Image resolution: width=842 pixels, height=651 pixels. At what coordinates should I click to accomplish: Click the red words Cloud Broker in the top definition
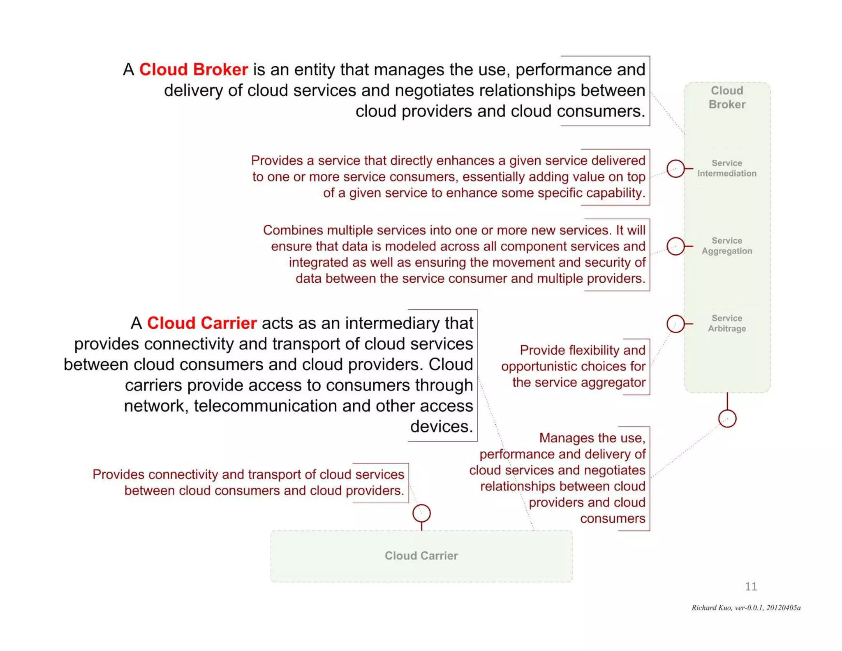point(193,70)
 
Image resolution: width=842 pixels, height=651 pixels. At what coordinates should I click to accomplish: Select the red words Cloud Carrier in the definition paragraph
point(201,323)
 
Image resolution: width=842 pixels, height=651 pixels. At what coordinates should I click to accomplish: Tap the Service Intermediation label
point(726,168)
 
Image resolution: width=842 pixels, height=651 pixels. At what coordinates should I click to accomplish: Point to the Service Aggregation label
point(726,246)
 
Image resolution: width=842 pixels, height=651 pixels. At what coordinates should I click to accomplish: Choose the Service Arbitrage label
point(726,323)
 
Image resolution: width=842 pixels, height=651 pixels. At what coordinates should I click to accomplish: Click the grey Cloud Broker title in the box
point(727,98)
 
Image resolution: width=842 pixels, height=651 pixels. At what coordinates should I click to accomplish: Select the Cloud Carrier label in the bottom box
point(421,556)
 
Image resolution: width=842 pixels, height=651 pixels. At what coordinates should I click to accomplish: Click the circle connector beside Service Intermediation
point(675,169)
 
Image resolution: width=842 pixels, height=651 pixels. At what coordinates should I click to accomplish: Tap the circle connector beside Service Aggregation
point(675,246)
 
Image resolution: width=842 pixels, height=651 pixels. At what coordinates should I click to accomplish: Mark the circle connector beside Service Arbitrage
point(675,324)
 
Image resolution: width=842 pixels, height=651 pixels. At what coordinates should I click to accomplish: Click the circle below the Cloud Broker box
point(727,419)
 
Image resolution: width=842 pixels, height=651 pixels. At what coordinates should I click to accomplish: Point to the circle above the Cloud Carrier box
point(421,513)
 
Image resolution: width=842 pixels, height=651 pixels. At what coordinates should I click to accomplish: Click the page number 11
point(751,586)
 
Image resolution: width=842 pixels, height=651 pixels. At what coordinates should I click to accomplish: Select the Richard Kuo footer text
point(746,608)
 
